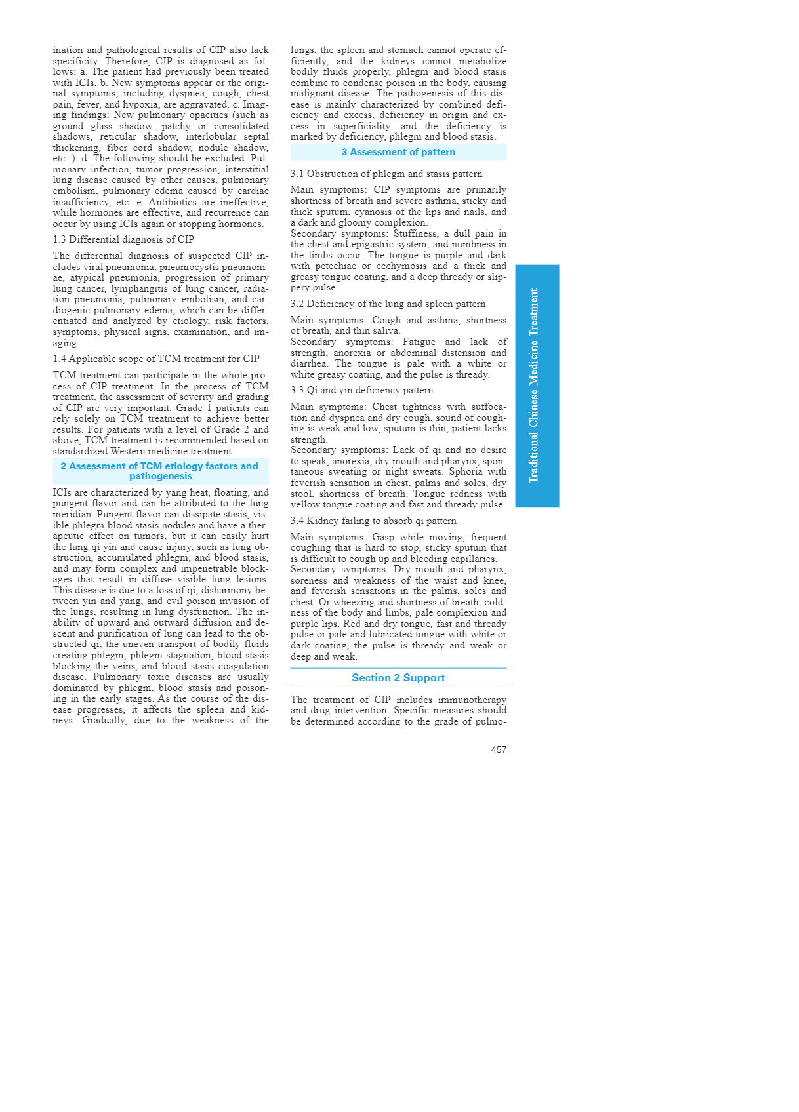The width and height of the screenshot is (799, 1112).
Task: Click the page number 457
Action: (499, 749)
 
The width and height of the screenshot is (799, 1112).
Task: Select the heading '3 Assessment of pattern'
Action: (398, 152)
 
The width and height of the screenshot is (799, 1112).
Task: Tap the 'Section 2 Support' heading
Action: (398, 678)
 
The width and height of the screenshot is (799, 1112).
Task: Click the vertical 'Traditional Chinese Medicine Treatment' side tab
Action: (537, 386)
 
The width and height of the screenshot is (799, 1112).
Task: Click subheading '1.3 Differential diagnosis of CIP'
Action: (123, 239)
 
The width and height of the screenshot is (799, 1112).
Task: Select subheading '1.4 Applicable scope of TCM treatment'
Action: (156, 359)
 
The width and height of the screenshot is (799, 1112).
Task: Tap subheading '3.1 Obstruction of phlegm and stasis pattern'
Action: (386, 174)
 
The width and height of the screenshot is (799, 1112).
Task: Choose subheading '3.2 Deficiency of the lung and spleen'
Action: (388, 304)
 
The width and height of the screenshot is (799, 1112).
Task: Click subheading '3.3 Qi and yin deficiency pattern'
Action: (362, 390)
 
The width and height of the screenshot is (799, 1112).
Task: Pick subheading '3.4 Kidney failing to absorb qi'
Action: (373, 521)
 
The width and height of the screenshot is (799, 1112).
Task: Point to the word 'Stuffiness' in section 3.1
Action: (418, 233)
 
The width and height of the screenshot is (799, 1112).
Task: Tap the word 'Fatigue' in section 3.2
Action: (419, 342)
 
